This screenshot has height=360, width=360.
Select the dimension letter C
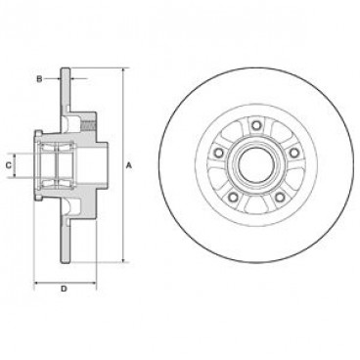9,166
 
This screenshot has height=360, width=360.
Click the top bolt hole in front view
252,122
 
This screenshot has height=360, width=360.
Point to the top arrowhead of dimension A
123,72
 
